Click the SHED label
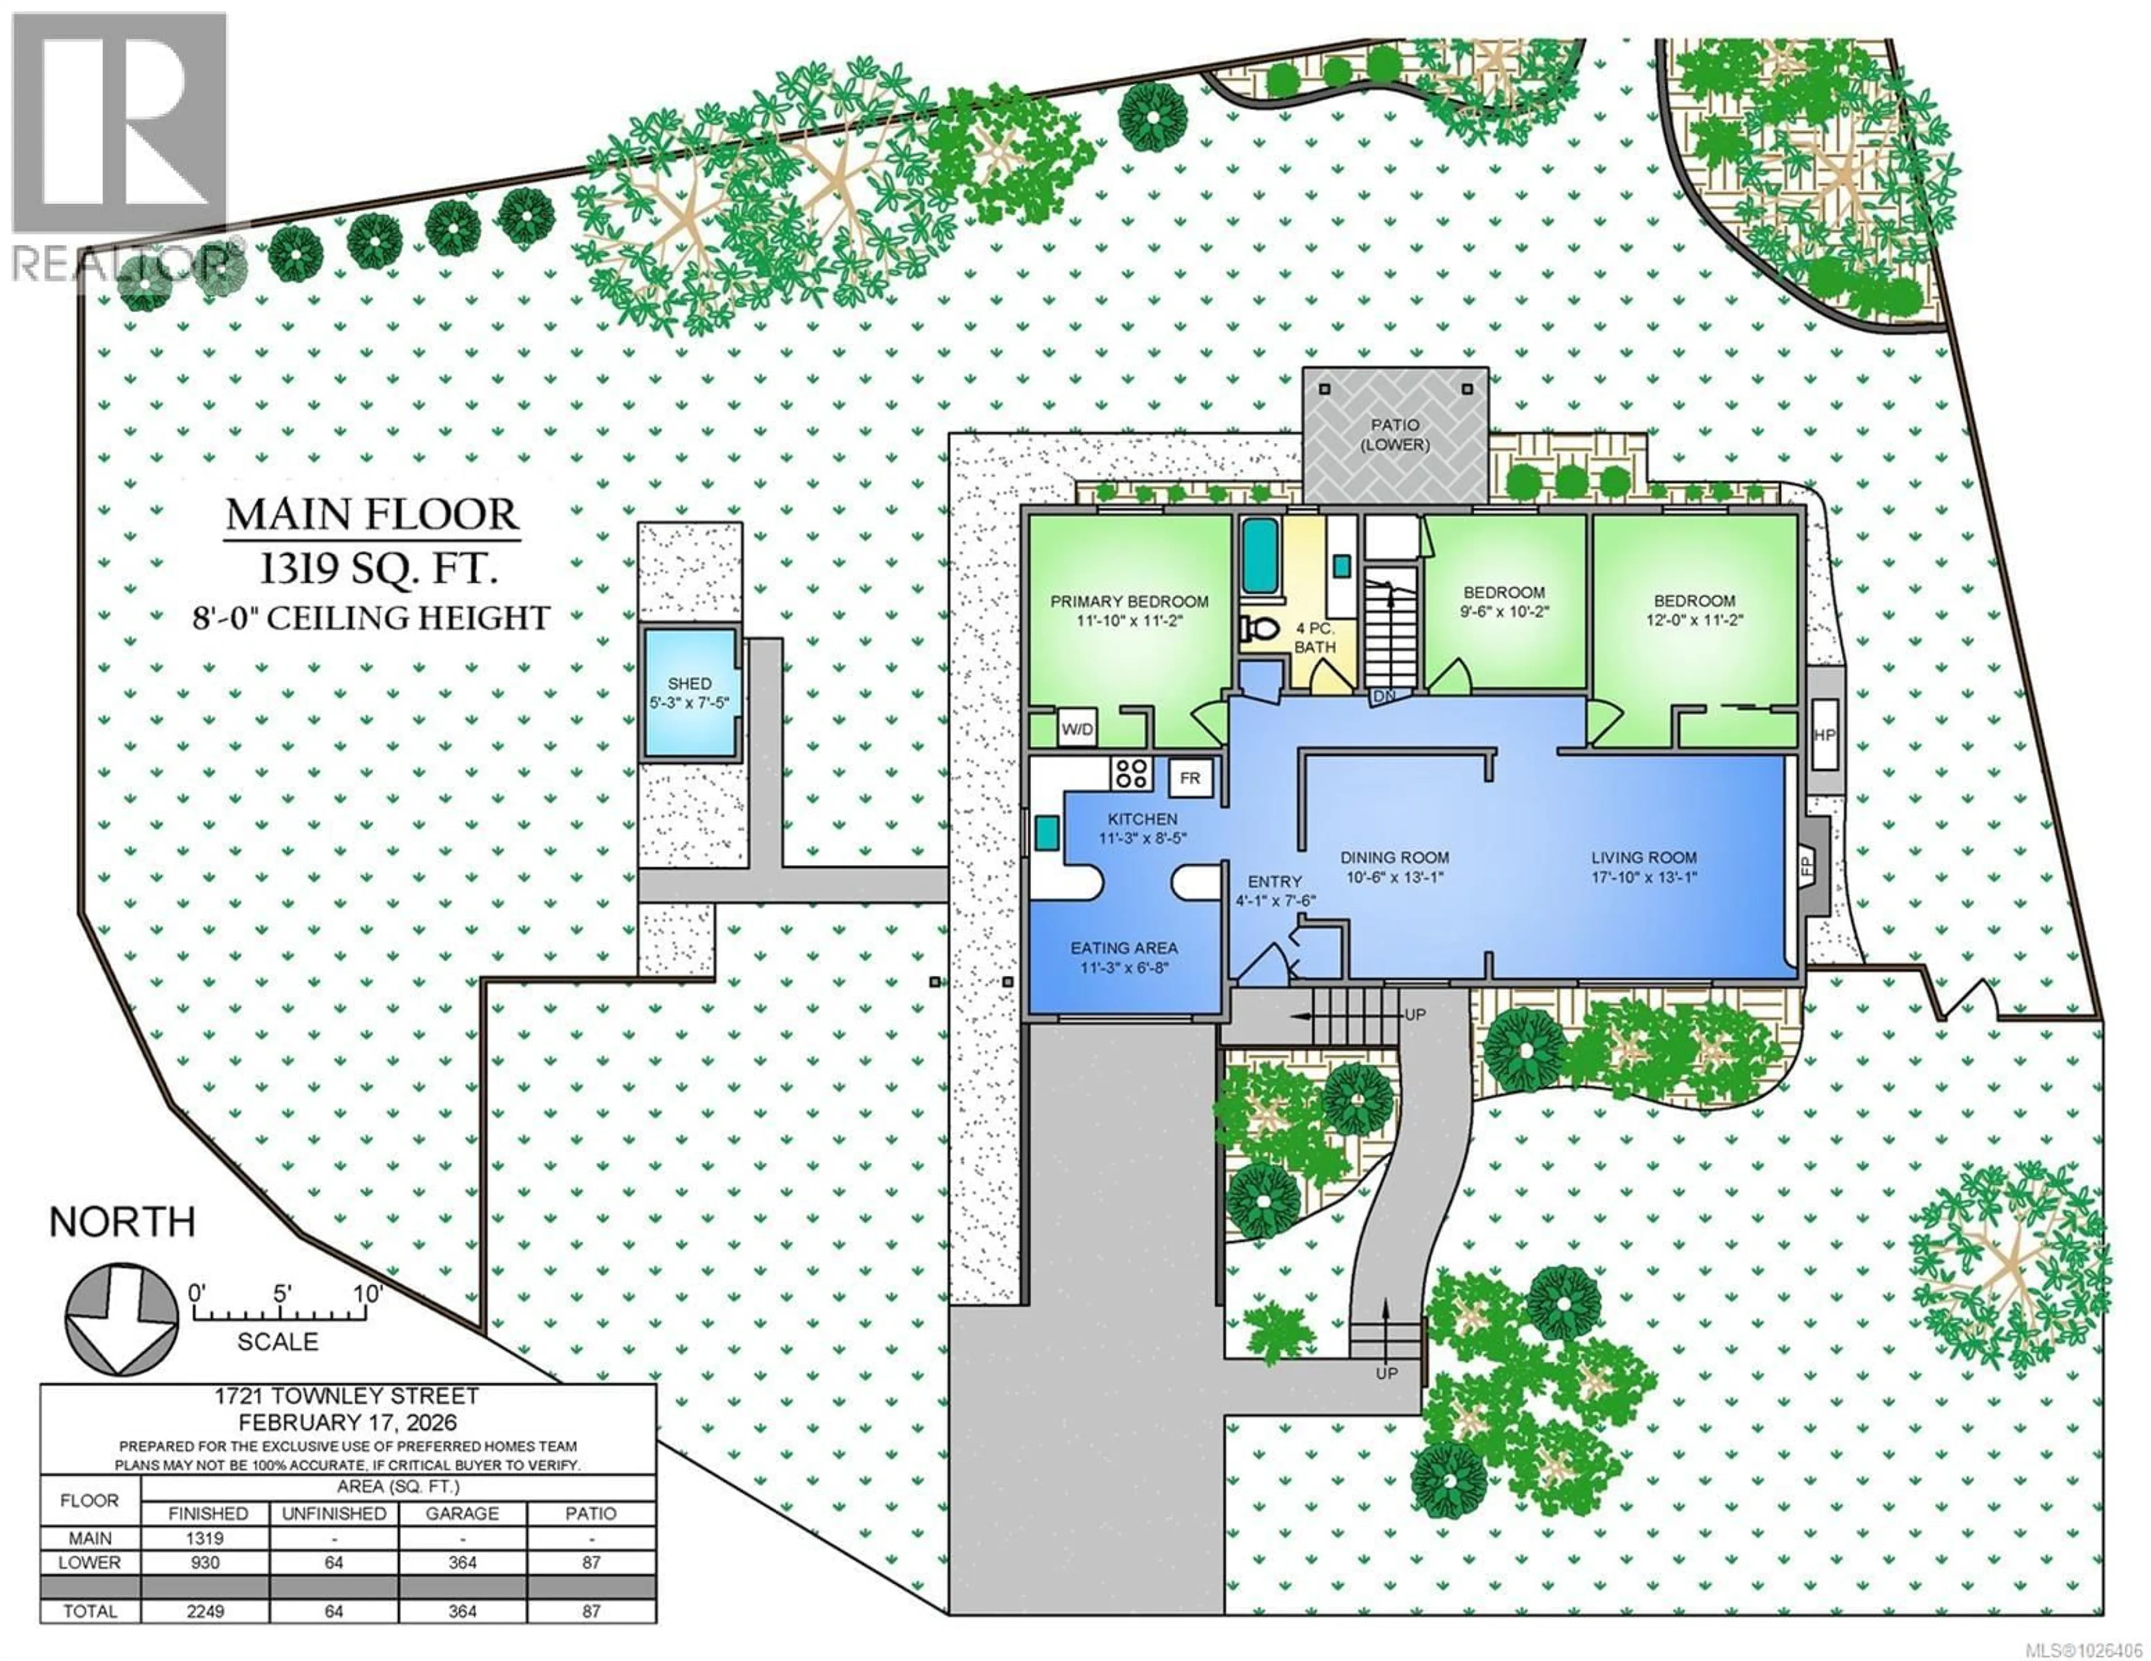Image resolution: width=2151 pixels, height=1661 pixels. point(690,684)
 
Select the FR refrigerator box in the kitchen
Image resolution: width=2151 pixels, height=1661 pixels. point(1190,779)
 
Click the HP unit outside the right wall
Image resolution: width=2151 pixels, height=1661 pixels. point(1824,734)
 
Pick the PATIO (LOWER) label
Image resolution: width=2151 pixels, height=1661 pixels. point(1395,434)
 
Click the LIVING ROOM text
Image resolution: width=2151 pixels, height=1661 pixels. point(1644,857)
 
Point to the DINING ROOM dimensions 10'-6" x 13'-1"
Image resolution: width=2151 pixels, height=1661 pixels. point(1395,877)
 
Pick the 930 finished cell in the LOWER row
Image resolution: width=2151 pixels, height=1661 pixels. point(206,1562)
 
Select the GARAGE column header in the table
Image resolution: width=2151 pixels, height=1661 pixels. point(462,1513)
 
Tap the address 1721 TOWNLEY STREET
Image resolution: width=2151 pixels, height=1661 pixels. point(348,1396)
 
